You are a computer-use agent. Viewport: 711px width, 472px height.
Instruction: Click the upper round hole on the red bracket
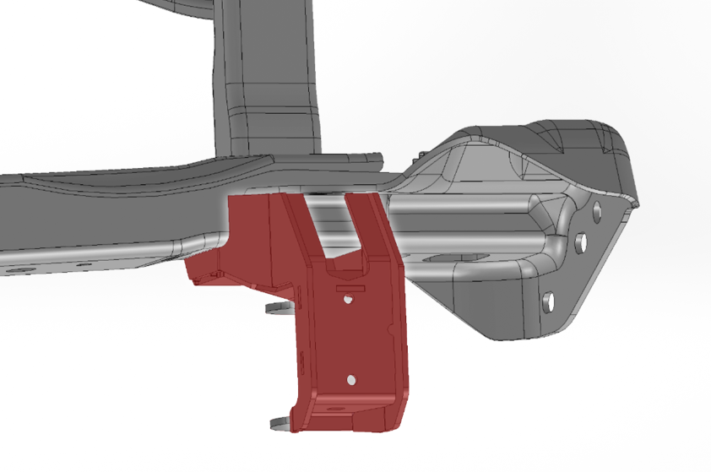[348, 299]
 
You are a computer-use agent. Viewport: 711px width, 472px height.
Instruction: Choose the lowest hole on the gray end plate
[550, 299]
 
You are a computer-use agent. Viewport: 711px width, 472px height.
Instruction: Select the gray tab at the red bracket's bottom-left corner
[278, 421]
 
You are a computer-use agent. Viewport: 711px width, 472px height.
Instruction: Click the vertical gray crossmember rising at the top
[269, 76]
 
